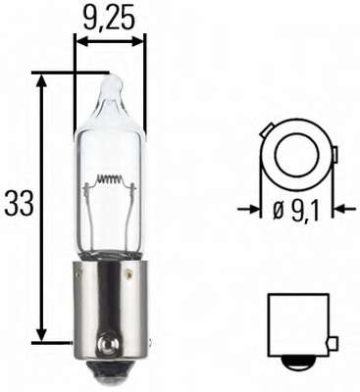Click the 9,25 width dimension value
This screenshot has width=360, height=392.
[110, 17]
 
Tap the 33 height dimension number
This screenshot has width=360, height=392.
[19, 204]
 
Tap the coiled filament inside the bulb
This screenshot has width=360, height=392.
[110, 181]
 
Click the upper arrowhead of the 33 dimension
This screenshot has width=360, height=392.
[41, 79]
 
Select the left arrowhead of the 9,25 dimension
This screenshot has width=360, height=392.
[80, 41]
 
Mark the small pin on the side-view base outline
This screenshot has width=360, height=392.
[334, 343]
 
